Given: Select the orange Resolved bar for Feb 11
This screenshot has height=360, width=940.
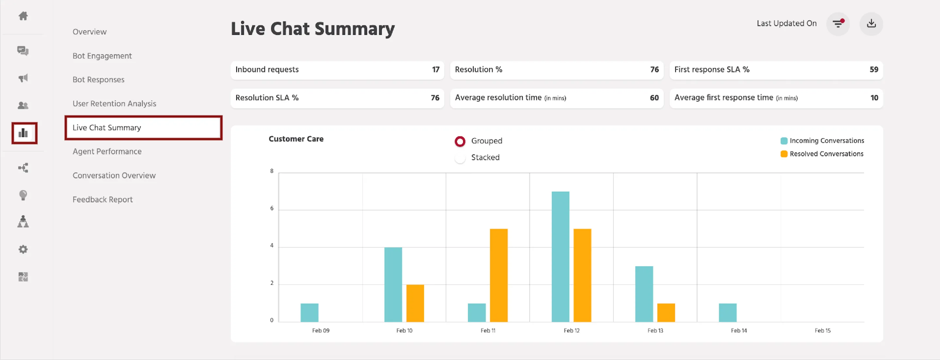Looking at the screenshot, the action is click(x=498, y=275).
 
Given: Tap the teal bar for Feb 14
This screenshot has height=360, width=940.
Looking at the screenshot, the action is click(x=728, y=313).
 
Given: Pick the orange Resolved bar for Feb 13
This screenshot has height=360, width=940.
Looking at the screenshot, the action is click(x=666, y=313).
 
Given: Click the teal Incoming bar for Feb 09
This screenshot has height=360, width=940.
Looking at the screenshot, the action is click(x=309, y=313).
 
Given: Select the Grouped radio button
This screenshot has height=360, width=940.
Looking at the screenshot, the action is click(x=460, y=141).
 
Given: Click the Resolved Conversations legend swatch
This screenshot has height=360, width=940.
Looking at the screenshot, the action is click(x=784, y=154).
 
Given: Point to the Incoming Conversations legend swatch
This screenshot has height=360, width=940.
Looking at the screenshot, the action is click(x=784, y=141).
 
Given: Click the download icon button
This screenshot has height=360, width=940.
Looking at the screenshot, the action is click(x=871, y=24).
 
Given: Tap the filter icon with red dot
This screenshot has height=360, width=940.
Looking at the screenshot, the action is click(x=838, y=24).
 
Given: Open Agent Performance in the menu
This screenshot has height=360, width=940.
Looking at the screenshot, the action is click(x=107, y=152).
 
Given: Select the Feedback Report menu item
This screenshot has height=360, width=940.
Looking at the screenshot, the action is click(x=102, y=200).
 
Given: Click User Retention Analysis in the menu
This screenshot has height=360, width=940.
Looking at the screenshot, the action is click(x=114, y=104).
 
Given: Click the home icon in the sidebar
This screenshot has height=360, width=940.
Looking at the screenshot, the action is click(x=23, y=16).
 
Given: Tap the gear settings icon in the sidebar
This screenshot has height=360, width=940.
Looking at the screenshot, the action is click(x=23, y=249).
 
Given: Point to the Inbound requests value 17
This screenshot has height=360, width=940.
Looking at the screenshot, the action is click(x=436, y=70).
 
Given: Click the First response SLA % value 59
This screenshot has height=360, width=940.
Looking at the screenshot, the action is click(x=874, y=70).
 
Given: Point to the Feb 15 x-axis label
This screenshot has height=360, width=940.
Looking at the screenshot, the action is click(x=822, y=331).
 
